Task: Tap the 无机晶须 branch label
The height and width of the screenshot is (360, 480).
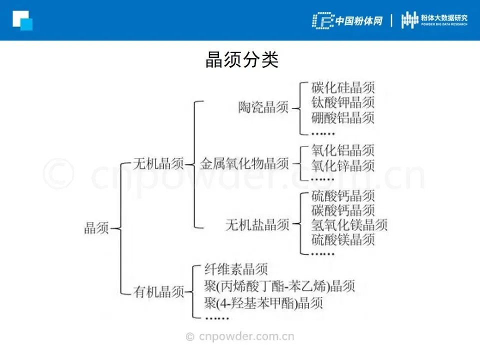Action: tap(158, 163)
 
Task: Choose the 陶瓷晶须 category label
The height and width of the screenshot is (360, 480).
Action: tap(263, 107)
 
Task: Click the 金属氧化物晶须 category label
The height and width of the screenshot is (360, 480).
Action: tap(244, 163)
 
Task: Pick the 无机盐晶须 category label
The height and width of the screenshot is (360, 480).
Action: tap(257, 225)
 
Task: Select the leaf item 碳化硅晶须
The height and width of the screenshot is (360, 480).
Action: tap(342, 88)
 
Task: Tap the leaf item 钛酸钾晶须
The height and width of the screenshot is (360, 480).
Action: tap(342, 103)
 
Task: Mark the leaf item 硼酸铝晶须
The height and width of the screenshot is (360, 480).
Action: tap(342, 118)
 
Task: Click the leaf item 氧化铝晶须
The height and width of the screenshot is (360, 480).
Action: tap(342, 150)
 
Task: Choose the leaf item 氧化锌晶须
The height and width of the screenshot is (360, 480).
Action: tap(342, 165)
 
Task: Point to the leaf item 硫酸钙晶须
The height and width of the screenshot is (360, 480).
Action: tap(342, 195)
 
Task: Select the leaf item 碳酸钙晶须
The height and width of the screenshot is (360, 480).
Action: tap(342, 210)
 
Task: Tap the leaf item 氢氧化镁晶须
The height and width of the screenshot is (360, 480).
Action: tap(349, 225)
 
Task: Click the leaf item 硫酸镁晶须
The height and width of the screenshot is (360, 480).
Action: tap(342, 240)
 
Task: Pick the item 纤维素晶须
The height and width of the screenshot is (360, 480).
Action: tap(236, 270)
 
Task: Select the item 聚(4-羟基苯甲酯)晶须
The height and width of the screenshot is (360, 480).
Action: tap(263, 302)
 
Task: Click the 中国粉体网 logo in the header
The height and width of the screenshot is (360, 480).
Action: tap(347, 20)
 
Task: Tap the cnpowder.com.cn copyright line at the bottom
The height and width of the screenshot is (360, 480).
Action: tap(240, 336)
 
